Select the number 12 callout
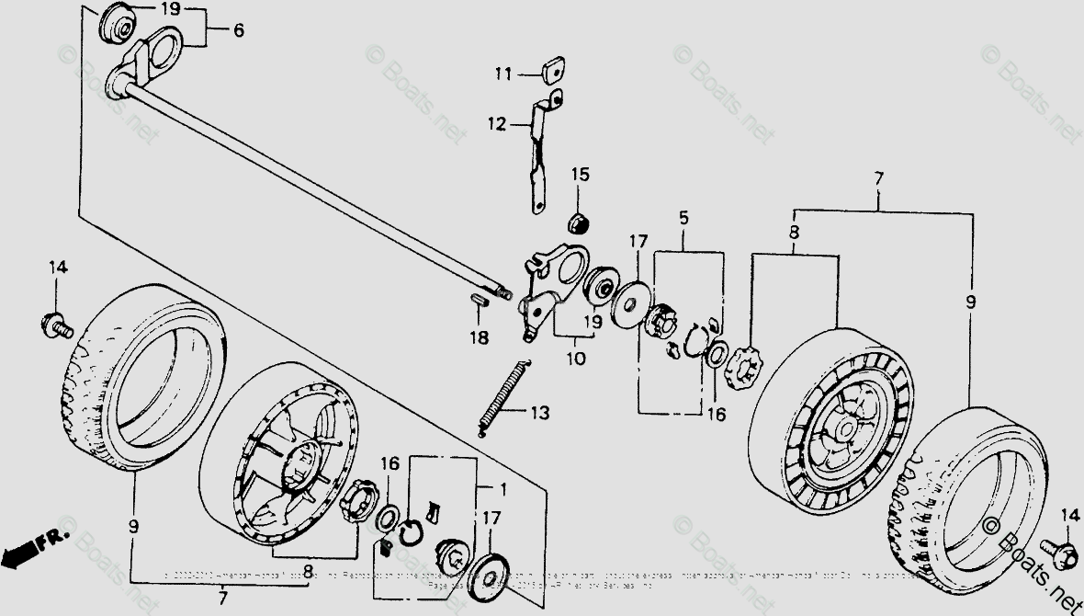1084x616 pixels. pos(497,123)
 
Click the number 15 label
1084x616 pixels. pos(580,175)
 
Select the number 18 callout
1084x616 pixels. pos(480,337)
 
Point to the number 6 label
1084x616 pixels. pos(238,30)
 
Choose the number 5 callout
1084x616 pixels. pos(683,219)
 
